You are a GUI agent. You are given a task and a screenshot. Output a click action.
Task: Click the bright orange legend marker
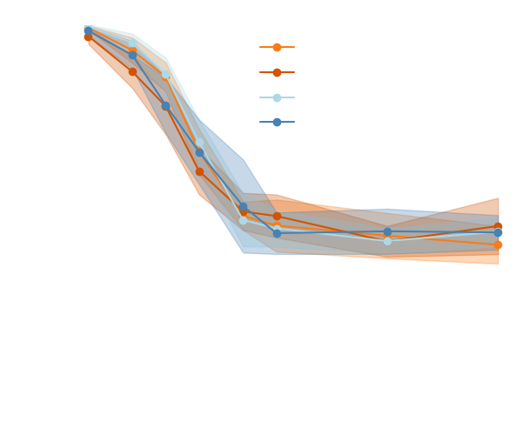tap(277, 47)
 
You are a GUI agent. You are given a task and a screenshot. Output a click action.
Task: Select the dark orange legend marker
tap(277, 72)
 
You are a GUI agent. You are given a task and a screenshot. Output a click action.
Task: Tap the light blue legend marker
tap(277, 97)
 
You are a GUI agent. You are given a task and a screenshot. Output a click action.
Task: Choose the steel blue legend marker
tap(277, 122)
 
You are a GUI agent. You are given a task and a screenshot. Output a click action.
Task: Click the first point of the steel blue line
tap(88, 30)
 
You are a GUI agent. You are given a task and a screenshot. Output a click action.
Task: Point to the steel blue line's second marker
tap(132, 54)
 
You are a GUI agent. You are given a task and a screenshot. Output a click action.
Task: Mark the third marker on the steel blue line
tap(165, 105)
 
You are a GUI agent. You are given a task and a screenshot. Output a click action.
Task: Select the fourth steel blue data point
tap(199, 152)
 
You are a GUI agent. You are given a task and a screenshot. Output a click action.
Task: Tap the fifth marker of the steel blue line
tap(243, 207)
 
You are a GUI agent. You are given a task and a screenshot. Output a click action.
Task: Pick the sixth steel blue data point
tap(277, 233)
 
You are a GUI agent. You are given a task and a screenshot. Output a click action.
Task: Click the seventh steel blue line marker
tap(387, 231)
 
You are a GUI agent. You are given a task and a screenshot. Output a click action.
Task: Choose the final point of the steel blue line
tap(498, 232)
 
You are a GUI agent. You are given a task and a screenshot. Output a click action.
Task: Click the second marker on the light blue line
tap(132, 42)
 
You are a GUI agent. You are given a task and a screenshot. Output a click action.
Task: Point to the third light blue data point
tap(165, 75)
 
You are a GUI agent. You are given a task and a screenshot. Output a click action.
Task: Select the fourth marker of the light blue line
tap(199, 142)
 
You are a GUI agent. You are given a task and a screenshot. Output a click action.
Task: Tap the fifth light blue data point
tap(243, 220)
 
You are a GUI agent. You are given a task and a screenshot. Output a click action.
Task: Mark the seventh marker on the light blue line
tap(387, 241)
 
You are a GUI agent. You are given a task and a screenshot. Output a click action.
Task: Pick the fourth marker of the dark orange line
tap(199, 171)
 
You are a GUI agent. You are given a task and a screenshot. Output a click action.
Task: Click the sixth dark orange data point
tap(277, 216)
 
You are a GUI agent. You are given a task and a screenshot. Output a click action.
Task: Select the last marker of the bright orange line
tap(498, 244)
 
